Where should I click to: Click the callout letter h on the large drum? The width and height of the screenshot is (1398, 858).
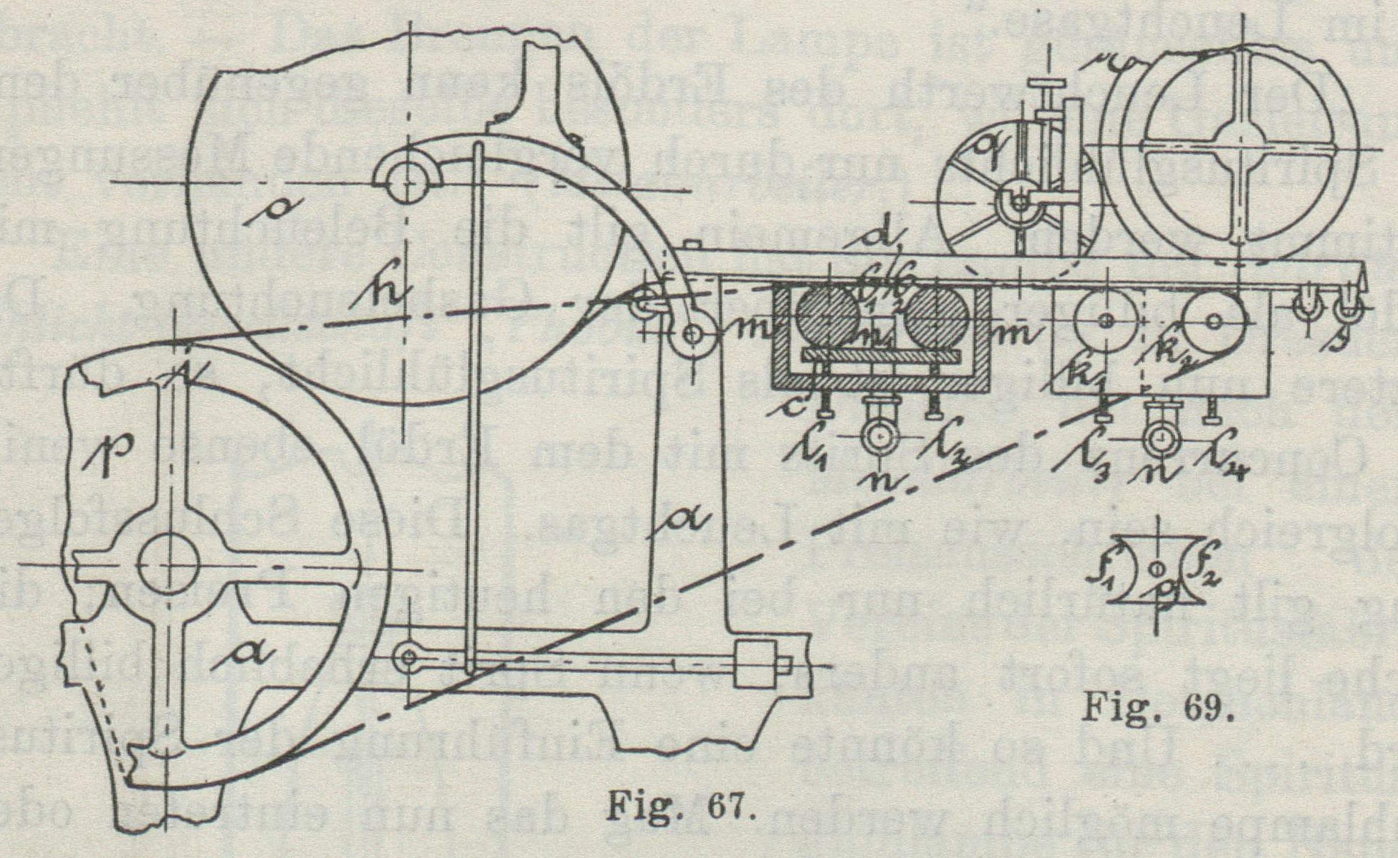(382, 295)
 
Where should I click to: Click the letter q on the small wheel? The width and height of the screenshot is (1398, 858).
(985, 151)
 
